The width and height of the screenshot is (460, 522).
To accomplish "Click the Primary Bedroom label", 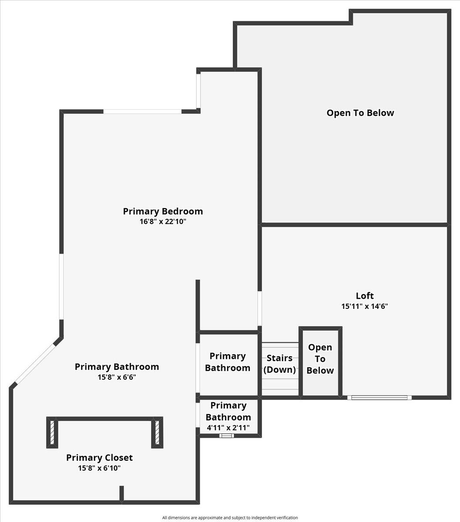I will coord(163,211).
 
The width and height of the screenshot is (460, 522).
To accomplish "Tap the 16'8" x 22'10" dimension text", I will coord(163,221).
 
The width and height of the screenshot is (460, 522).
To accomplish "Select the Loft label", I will coord(365,296).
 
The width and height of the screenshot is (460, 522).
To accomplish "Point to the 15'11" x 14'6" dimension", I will coord(365,306).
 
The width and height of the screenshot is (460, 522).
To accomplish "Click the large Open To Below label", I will coord(360,113).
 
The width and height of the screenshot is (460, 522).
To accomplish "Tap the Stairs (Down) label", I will coord(279,364).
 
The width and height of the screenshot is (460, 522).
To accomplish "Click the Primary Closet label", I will coord(99,458).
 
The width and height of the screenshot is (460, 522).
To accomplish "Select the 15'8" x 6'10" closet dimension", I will coord(99,468).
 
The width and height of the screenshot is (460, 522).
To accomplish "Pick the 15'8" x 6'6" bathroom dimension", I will coord(117,377).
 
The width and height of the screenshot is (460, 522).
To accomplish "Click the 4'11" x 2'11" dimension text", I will coord(228,428).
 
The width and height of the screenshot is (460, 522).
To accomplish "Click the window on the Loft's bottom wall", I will coord(379,397).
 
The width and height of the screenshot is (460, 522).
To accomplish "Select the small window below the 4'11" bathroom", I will coord(226,435).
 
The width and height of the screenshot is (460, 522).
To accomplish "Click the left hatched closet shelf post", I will coord(52,432).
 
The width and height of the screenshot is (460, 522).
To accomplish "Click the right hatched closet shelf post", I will coord(157,432).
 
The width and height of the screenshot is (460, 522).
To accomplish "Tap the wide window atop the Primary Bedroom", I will coord(142,111).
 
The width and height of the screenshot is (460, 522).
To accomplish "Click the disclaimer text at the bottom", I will coord(230,518).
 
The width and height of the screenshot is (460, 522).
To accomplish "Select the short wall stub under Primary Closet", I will coord(121,493).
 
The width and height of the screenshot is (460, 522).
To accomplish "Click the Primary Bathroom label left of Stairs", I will coord(228,362).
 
